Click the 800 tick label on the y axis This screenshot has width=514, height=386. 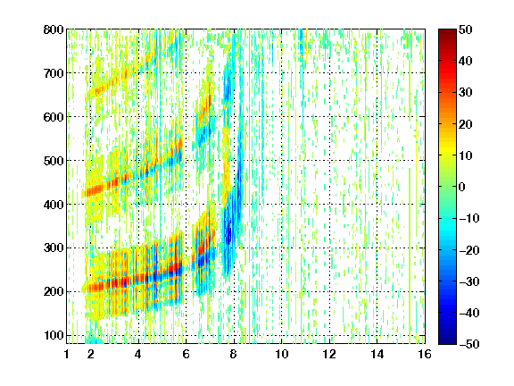tap(54, 29)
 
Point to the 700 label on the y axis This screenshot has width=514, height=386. tap(54, 73)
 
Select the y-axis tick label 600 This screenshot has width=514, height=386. tap(54, 117)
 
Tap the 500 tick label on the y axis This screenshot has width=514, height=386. tap(54, 161)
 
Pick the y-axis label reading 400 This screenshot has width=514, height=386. tap(54, 205)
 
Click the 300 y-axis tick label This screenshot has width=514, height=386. tap(54, 248)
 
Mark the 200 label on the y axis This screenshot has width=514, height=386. tap(54, 291)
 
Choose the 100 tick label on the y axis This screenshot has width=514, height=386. tap(54, 335)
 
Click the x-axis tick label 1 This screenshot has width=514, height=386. tap(67, 354)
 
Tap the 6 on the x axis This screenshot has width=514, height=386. tap(186, 354)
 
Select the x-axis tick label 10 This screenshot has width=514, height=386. tap(282, 354)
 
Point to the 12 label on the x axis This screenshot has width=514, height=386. tap(329, 354)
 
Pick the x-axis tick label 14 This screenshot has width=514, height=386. tap(377, 354)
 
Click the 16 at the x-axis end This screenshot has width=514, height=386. tap(425, 354)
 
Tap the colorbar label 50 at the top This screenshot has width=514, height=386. tap(465, 29)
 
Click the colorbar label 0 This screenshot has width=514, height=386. tap(462, 187)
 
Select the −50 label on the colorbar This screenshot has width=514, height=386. tap(469, 344)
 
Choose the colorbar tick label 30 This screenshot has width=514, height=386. tap(465, 92)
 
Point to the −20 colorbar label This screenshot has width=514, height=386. tap(469, 250)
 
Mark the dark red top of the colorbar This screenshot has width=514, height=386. tap(447, 32)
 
